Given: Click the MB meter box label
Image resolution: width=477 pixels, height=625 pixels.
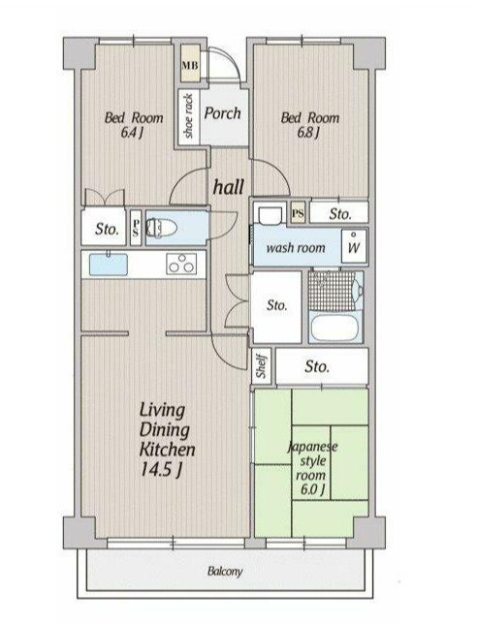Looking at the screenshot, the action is (x=190, y=65).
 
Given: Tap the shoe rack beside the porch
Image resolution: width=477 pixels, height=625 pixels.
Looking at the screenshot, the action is (x=189, y=116).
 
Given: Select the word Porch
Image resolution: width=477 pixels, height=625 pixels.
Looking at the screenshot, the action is (x=223, y=113).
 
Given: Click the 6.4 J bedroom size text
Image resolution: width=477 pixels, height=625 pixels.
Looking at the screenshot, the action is (x=132, y=132).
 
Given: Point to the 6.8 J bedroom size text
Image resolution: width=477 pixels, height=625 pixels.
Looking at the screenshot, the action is (x=308, y=132).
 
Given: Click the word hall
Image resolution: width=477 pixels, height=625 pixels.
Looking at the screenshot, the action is (x=229, y=187).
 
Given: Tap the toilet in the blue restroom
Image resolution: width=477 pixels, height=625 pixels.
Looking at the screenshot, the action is (x=162, y=228).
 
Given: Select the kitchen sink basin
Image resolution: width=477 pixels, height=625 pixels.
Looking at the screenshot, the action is (x=109, y=265).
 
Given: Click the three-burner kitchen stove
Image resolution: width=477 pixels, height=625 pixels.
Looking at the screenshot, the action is (x=181, y=264).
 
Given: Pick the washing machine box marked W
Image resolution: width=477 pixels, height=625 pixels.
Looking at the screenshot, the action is (x=354, y=245).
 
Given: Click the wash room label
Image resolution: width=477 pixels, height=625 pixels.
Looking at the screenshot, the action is (x=296, y=248).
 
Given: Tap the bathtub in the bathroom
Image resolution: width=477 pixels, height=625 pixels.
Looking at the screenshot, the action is (x=334, y=328).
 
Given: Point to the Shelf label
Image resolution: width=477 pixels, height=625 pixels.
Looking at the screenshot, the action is (x=262, y=366).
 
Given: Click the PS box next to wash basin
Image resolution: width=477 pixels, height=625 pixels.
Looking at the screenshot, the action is (x=298, y=213).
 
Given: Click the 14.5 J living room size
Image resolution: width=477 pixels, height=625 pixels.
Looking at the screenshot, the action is (x=161, y=470).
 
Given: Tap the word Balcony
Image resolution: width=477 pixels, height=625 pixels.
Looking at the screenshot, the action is (x=225, y=571).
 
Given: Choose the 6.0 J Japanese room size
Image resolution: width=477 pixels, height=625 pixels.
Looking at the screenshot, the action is (x=312, y=488).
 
